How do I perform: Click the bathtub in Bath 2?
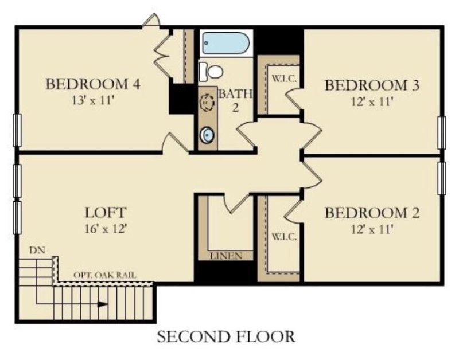(x=225, y=43)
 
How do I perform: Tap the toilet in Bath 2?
(x=211, y=71)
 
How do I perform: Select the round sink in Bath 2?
(x=207, y=135)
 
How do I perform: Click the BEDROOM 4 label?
(x=93, y=84)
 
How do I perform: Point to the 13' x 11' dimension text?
(x=93, y=100)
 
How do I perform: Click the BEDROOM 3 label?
(x=372, y=85)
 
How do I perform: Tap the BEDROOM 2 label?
(x=372, y=213)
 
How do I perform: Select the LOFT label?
(x=106, y=212)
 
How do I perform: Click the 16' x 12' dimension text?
(x=106, y=228)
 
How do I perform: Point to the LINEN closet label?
(x=226, y=256)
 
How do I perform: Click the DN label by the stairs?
(x=37, y=250)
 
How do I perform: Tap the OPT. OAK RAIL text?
(x=105, y=275)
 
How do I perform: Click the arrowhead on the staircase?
(x=103, y=304)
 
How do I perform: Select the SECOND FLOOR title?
(x=226, y=336)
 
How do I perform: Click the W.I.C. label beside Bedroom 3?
(x=284, y=79)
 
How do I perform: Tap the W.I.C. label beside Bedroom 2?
(x=284, y=237)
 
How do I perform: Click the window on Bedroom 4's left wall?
(x=17, y=130)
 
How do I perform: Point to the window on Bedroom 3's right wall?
(x=441, y=132)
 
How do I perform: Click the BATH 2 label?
(x=236, y=100)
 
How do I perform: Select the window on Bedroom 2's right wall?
(x=441, y=178)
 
